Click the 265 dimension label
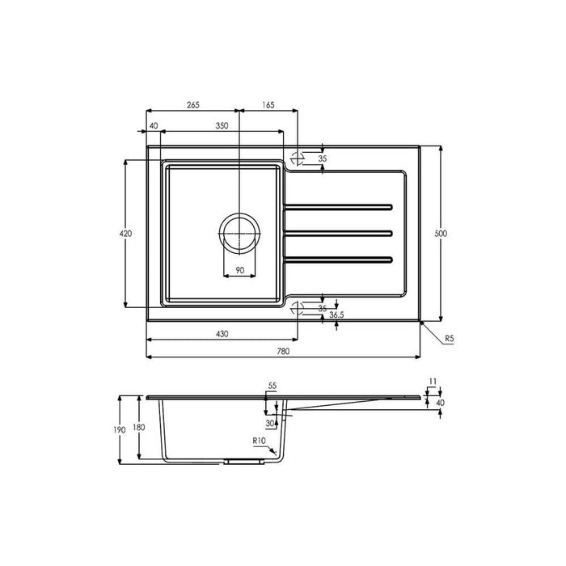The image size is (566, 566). click(193, 104)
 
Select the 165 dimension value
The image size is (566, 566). click(268, 104)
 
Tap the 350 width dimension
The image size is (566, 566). click(222, 125)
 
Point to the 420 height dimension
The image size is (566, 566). click(125, 234)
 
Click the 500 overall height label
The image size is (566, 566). click(441, 234)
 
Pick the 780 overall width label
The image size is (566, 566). click(283, 351)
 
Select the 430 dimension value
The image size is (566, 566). click(222, 334)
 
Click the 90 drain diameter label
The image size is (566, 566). click(239, 270)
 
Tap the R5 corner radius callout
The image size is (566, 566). click(449, 339)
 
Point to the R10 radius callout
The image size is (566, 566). click(259, 441)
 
